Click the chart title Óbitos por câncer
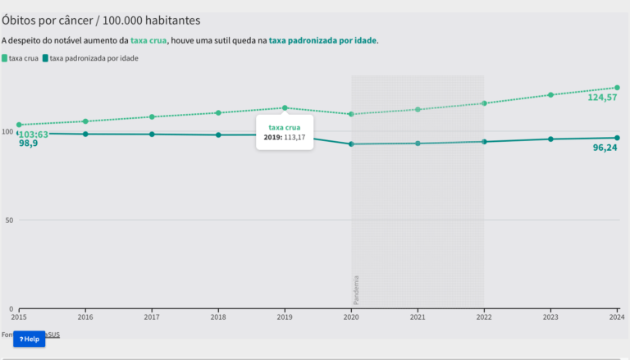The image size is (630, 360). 102,19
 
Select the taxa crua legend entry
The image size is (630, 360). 24,58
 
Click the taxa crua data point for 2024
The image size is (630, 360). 617,88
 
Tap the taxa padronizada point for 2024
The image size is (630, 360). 617,138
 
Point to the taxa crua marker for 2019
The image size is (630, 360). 285,107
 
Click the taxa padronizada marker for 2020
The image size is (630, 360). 351,144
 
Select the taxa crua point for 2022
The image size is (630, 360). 484,103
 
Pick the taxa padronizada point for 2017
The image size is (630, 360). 152,134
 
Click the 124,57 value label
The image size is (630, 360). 602,98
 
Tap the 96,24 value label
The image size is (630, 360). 605,148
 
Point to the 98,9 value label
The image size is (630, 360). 29,144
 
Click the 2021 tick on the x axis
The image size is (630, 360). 418,317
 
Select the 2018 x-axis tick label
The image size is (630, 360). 218,317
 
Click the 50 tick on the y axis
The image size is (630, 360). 7,220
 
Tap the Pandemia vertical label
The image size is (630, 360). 356,289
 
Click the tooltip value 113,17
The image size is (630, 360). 294,137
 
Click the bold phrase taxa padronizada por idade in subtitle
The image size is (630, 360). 322,40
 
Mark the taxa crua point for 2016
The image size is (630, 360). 85,121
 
